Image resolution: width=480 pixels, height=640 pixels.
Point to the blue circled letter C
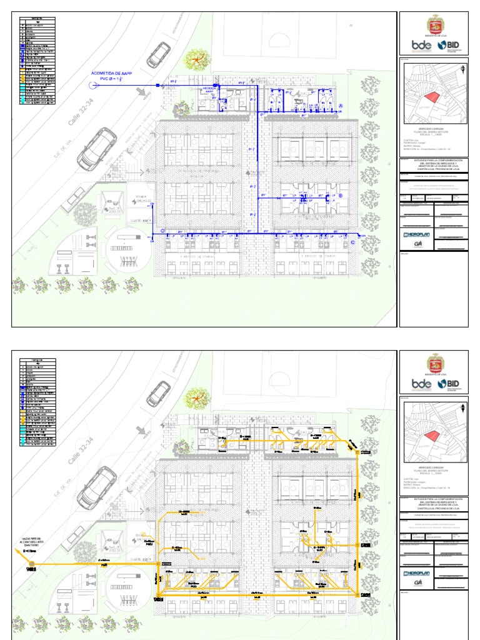[x=352, y=242]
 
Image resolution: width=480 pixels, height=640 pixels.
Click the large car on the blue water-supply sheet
[x=97, y=149]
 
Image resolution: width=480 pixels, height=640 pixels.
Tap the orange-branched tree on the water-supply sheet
[x=197, y=59]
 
